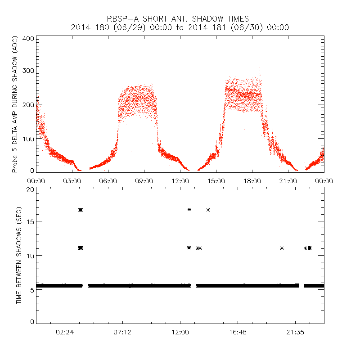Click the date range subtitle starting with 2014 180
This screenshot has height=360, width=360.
[180, 27]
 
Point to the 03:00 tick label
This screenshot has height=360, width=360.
[72, 180]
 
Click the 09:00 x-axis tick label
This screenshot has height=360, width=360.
[144, 180]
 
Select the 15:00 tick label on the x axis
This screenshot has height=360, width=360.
[216, 180]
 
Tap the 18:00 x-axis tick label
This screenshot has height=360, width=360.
[252, 180]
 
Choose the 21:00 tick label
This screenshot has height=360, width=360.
[288, 180]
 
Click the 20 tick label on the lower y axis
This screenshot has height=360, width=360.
[30, 189]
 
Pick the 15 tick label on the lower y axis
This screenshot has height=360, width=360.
[30, 222]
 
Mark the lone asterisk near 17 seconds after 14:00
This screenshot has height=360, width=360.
[208, 210]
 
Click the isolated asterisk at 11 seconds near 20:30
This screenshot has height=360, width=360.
[282, 248]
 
